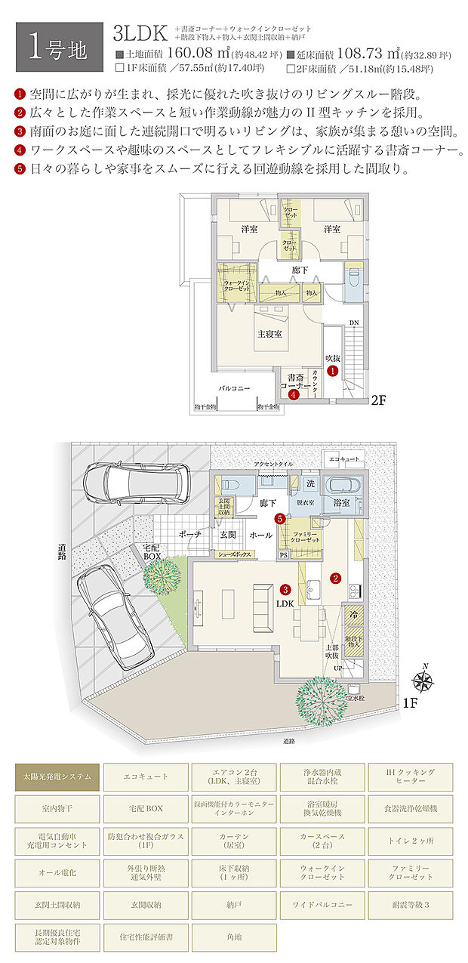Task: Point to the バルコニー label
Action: point(235,387)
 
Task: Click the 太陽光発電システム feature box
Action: point(57,776)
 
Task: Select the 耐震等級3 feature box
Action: point(411,903)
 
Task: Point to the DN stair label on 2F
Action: point(354,323)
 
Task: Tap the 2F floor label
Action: point(377,400)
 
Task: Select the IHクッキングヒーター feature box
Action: point(411,776)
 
